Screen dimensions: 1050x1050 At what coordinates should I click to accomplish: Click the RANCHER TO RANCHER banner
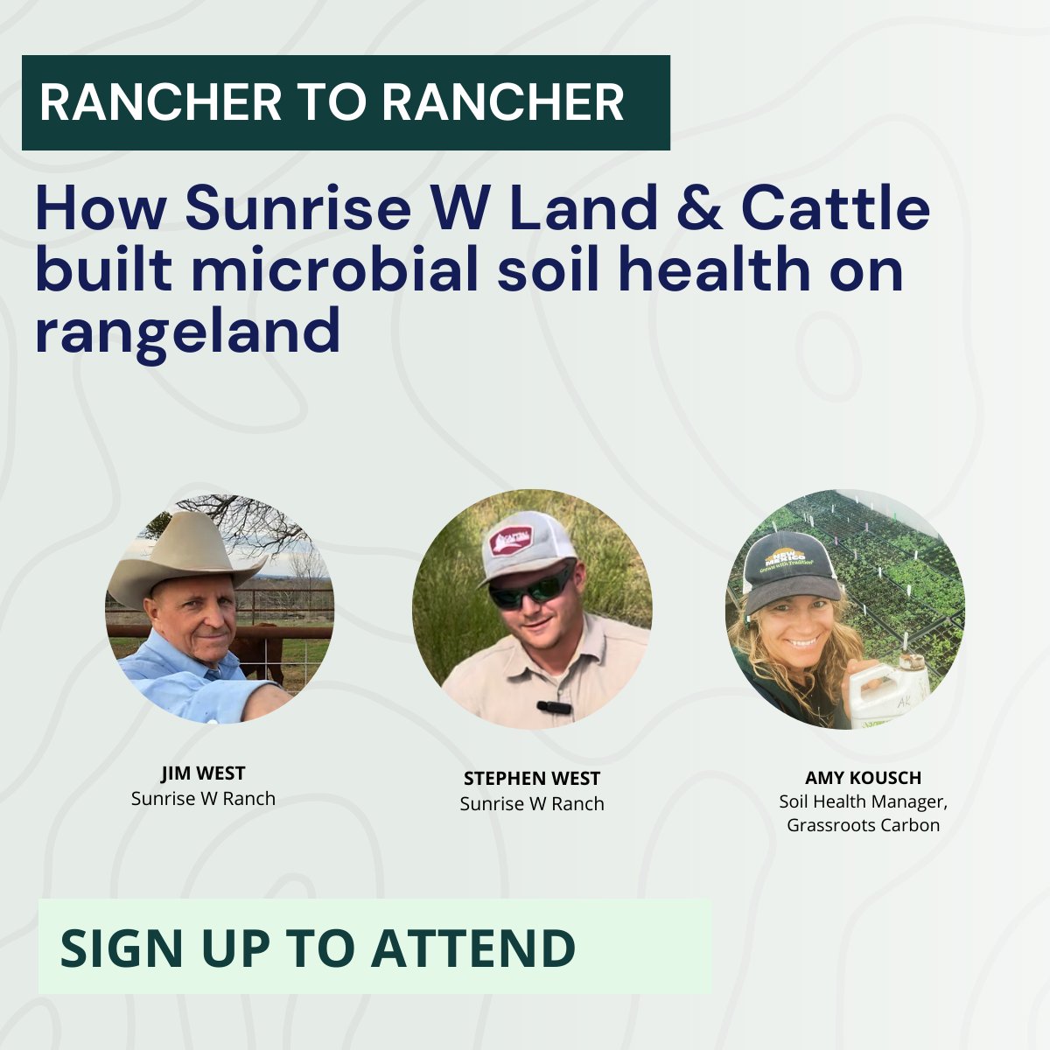click(346, 102)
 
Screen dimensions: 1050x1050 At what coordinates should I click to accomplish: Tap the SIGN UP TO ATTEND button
click(374, 947)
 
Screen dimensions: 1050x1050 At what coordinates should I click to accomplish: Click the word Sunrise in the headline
click(286, 208)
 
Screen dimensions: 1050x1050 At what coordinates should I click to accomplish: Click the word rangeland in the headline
click(187, 332)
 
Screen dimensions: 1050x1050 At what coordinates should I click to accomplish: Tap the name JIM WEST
click(203, 773)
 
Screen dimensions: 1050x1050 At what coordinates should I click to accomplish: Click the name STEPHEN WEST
click(532, 779)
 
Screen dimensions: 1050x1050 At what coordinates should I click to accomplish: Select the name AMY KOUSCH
click(863, 778)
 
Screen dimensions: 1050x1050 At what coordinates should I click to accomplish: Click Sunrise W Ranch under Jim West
click(203, 799)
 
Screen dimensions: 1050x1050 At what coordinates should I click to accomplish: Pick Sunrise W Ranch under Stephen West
click(532, 803)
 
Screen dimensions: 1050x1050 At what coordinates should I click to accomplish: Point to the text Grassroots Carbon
click(863, 825)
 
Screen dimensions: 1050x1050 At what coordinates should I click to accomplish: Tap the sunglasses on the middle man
click(530, 588)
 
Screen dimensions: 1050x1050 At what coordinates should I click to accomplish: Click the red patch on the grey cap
click(512, 539)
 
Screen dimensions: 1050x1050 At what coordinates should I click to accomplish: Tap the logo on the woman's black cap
click(786, 560)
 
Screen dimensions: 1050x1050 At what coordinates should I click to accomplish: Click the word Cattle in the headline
click(835, 208)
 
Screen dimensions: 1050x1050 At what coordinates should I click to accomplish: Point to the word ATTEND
click(473, 947)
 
